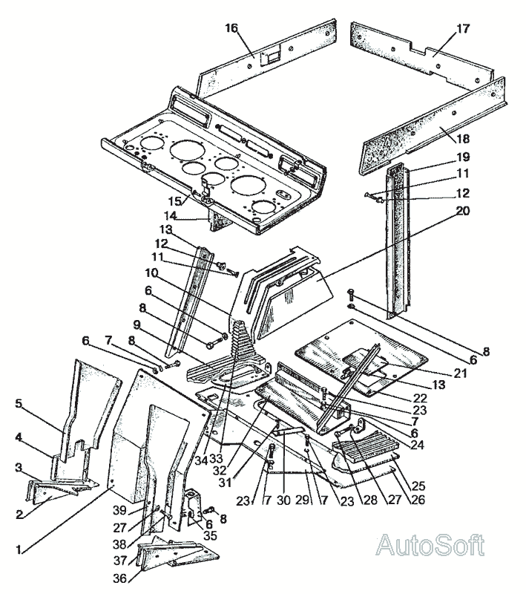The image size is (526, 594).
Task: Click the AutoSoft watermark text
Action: pos(430,545)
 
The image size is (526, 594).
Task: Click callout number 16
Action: pos(231,27)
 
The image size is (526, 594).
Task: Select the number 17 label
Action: pos(463,28)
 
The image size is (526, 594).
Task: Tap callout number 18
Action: pos(463,139)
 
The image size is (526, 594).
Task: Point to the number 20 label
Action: pos(462,211)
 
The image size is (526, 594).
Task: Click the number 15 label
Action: pos(175,200)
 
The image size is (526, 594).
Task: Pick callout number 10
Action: pos(151,272)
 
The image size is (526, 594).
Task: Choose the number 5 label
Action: pos(19,403)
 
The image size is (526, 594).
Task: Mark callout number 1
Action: pos(18,549)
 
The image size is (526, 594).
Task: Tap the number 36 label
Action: pos(119,578)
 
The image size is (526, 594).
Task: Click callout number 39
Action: pos(119,510)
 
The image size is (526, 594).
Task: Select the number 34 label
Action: pos(202,460)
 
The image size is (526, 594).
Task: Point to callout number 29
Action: pos(303,500)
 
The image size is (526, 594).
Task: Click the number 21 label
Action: pos(461,373)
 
